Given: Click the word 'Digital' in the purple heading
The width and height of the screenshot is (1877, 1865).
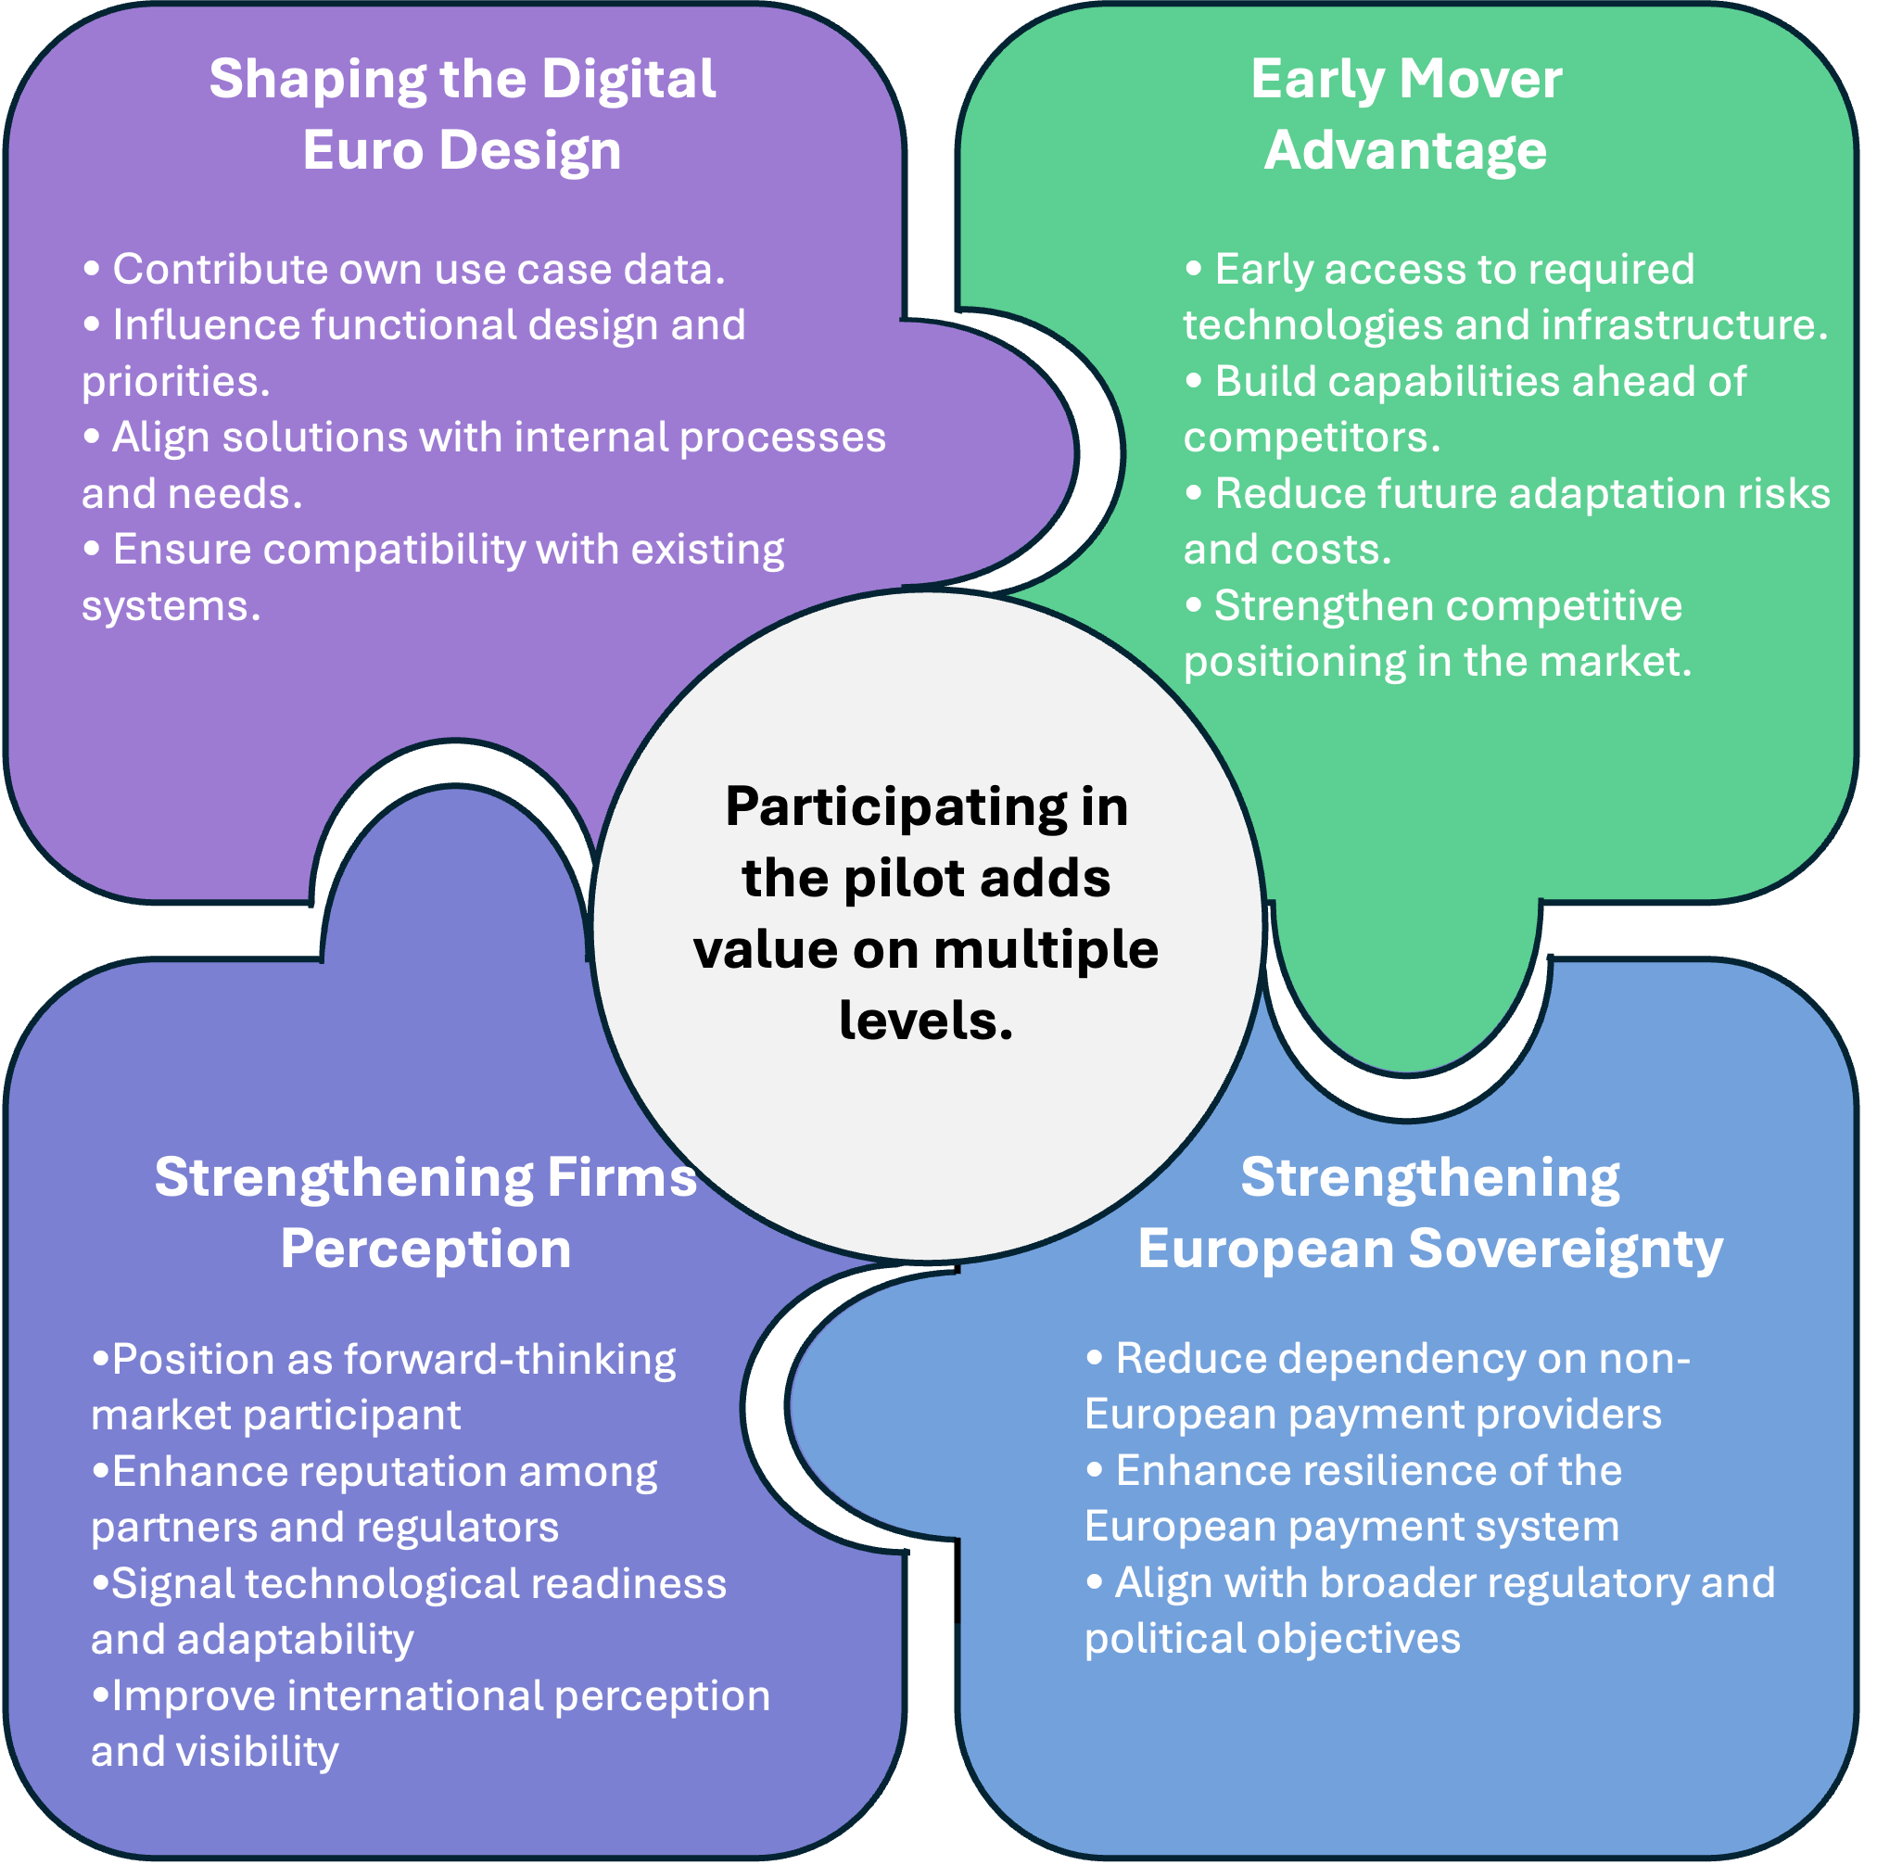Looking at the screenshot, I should coord(628,80).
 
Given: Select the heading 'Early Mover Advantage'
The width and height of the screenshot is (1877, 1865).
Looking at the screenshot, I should coord(1406,115).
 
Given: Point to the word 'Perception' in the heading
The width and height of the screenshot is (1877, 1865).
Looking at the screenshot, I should coord(425,1250).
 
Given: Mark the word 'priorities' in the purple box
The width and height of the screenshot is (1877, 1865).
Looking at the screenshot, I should coord(172,383).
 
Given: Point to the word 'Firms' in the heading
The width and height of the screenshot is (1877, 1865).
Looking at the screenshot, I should coord(622,1178).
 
